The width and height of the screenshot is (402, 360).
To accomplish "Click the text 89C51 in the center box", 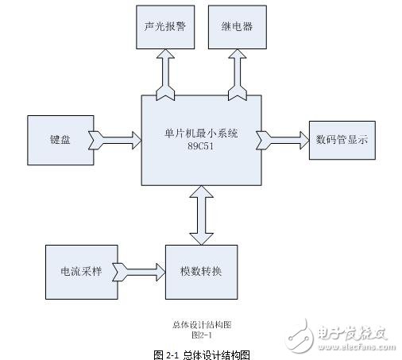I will point(201,149).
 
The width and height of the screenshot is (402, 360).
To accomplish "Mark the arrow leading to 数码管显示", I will point(282,141).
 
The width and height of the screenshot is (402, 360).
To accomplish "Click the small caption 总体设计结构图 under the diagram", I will point(201,325).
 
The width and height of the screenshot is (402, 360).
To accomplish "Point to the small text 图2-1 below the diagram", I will point(201,335).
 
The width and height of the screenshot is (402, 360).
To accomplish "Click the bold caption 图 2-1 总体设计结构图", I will point(201,353).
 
